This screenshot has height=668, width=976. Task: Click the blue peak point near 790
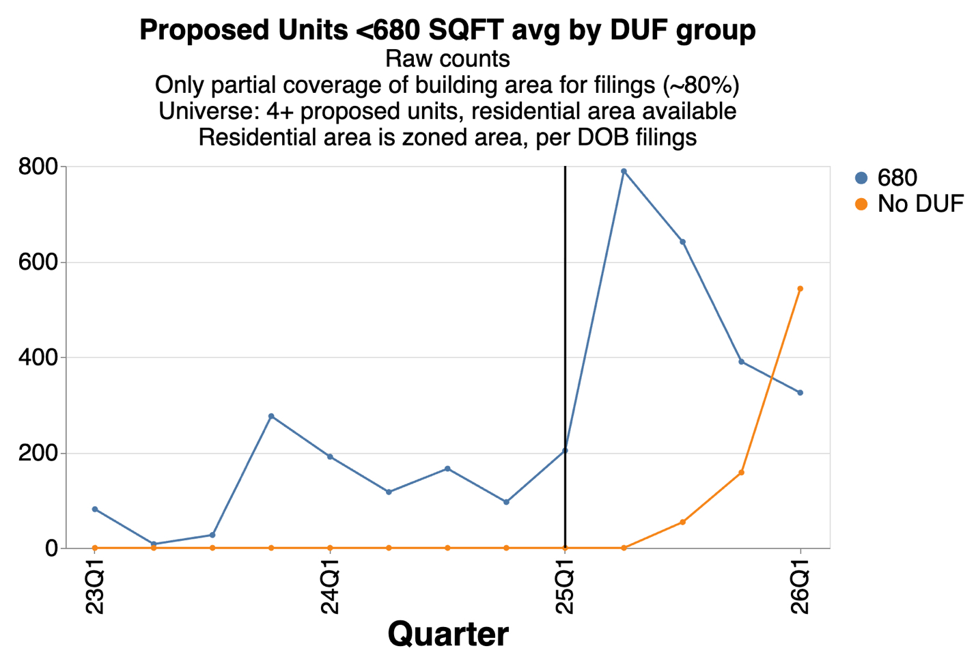(624, 171)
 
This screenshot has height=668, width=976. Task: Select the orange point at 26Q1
(800, 289)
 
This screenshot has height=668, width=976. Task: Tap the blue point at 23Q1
(95, 510)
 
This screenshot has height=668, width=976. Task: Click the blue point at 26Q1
(800, 393)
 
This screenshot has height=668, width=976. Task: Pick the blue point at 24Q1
(330, 456)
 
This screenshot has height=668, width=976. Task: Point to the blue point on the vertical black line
(565, 450)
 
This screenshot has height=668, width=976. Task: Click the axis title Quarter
(447, 635)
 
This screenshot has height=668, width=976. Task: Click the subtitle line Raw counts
(447, 59)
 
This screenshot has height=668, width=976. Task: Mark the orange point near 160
(741, 473)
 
